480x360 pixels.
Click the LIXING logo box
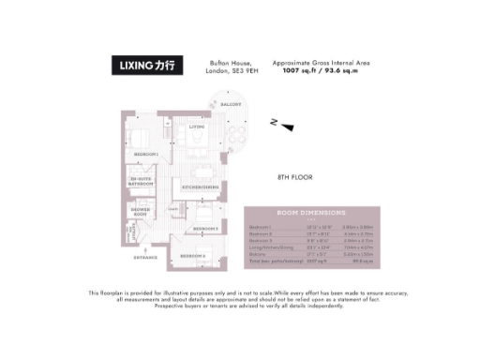point(146,67)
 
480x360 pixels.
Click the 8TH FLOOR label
point(293,177)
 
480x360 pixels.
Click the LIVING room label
point(196,125)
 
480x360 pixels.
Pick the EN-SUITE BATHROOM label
point(142,180)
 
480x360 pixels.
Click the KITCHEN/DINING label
point(200,187)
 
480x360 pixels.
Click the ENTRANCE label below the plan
point(144,256)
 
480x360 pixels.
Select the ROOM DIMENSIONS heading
point(310,214)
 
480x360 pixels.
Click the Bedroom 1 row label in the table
point(260,227)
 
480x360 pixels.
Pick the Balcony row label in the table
point(257,253)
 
